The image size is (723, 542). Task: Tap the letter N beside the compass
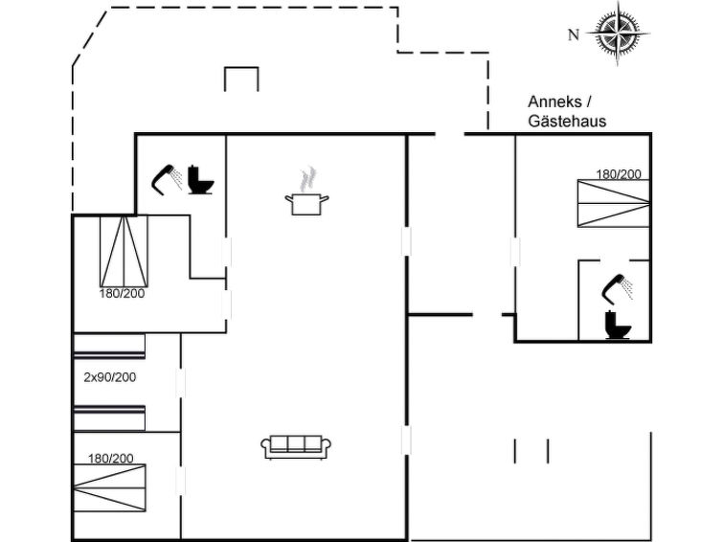(x=574, y=35)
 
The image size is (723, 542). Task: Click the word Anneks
(x=552, y=102)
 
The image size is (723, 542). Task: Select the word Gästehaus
(x=567, y=122)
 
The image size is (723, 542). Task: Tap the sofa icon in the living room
(x=296, y=445)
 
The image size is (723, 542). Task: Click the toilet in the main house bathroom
(x=201, y=180)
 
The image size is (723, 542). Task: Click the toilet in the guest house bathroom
(x=617, y=325)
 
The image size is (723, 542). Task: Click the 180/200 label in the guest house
(x=619, y=174)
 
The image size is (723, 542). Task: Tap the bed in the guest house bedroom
(x=612, y=203)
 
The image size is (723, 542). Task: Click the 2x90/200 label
(x=109, y=377)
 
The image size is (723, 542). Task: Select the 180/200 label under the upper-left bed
(x=122, y=293)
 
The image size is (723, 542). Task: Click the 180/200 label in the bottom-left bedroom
(x=110, y=459)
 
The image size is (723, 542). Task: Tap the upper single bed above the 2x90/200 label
(x=109, y=347)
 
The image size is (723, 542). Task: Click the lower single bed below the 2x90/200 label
(x=109, y=418)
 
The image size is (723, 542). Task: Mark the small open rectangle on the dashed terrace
(x=241, y=79)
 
